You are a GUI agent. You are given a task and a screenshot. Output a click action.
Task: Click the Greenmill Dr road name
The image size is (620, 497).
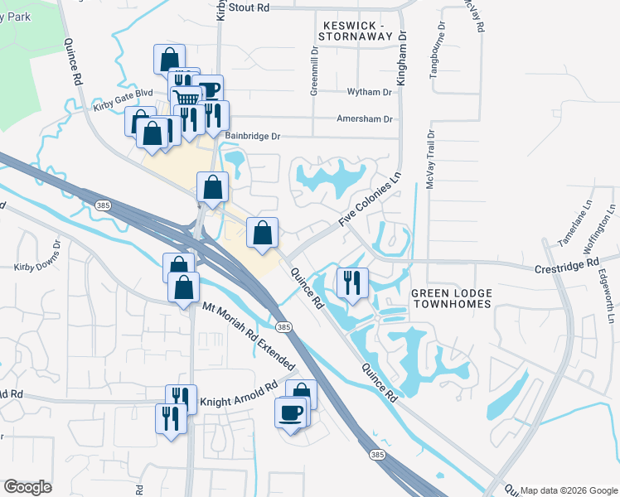click(315, 73)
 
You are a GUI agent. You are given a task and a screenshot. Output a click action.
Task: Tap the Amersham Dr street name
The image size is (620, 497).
click(364, 119)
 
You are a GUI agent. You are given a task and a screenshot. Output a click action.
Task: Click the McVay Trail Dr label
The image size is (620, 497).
click(430, 161)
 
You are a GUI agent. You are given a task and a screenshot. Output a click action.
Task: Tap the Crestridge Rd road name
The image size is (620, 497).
click(566, 263)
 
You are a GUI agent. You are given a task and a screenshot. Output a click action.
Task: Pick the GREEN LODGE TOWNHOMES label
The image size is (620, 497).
click(452, 299)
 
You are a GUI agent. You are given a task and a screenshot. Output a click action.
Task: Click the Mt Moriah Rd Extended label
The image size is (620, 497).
click(249, 335)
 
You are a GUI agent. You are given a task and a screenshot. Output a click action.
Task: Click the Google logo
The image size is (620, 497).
click(27, 487)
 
